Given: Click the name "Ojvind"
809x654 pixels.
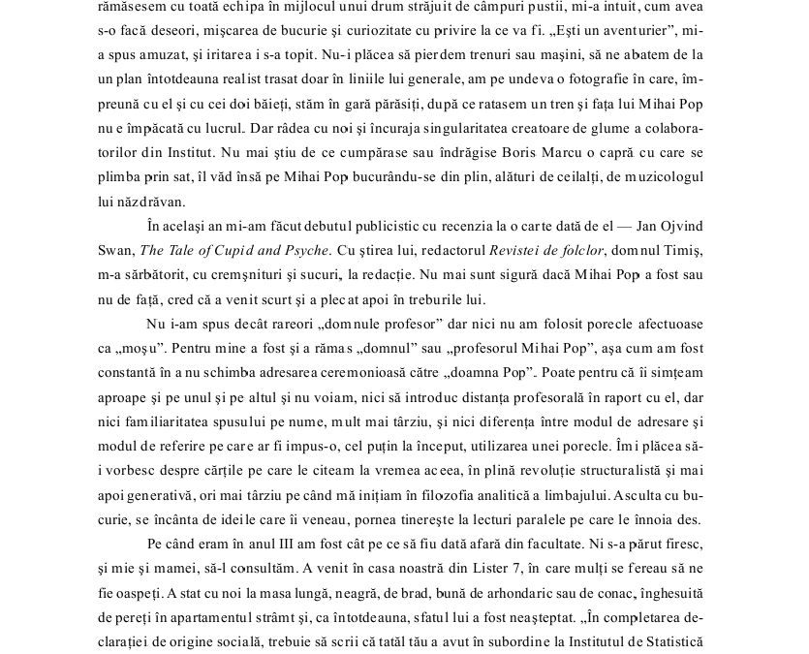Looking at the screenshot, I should (x=679, y=227).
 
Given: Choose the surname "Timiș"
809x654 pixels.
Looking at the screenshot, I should (x=683, y=252).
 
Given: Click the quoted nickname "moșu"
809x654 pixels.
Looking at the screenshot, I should (x=140, y=347).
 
